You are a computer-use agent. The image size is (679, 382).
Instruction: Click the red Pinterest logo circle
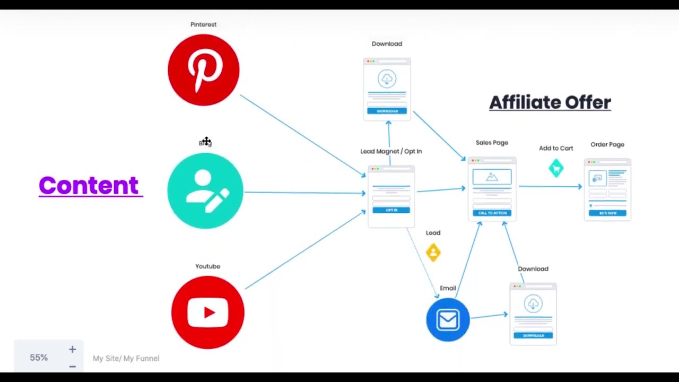(204, 70)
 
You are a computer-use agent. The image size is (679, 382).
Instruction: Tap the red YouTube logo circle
(208, 312)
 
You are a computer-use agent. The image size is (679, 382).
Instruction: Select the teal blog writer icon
(205, 191)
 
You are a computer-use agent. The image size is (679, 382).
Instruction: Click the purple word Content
(89, 186)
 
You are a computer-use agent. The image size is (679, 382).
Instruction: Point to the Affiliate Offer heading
(550, 102)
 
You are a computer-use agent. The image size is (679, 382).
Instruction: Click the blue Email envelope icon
(448, 320)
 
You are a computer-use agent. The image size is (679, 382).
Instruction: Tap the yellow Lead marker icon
(433, 252)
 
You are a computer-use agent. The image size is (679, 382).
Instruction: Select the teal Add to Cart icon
(556, 168)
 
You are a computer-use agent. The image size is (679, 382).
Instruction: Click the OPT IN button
(391, 210)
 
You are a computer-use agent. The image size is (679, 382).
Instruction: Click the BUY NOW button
(607, 213)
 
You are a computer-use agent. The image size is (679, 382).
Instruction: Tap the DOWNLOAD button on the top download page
(387, 111)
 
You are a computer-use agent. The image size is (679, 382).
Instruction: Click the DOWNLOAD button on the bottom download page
(533, 335)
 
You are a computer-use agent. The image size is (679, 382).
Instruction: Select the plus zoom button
(72, 350)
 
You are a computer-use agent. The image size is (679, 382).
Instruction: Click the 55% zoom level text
(39, 358)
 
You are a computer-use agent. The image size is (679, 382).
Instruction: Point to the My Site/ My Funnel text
(126, 359)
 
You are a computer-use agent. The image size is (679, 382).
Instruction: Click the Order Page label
(607, 144)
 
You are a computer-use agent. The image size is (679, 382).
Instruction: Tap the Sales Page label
(492, 143)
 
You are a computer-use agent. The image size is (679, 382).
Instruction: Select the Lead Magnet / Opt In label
(391, 151)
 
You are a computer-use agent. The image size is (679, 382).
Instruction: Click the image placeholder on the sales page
(492, 177)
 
